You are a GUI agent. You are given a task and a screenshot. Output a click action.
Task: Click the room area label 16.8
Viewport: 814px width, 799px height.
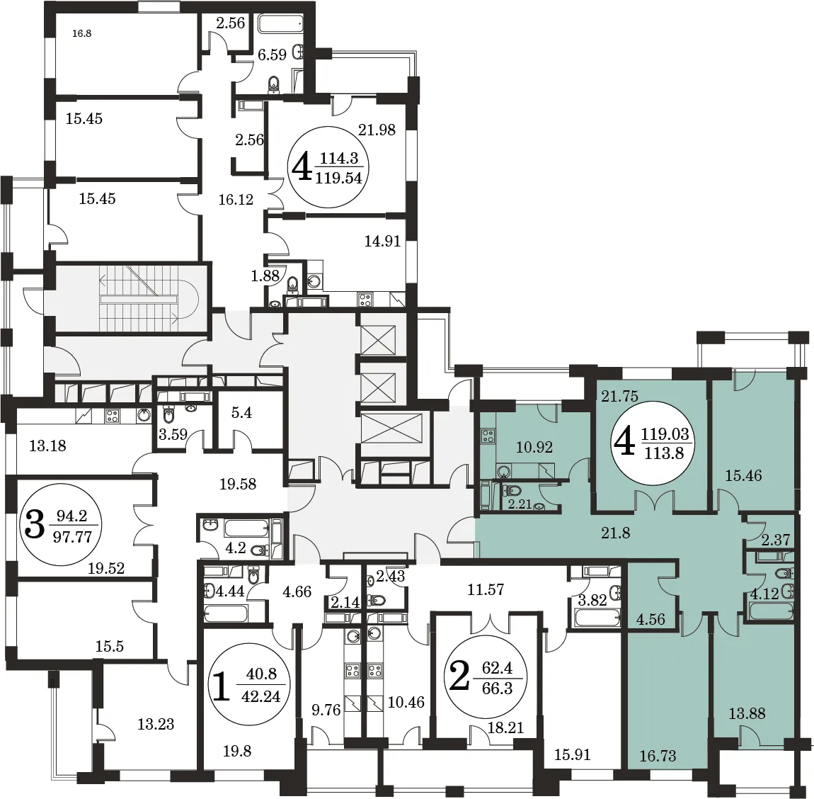(82, 34)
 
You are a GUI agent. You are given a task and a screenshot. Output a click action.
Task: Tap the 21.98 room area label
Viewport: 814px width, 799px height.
(377, 130)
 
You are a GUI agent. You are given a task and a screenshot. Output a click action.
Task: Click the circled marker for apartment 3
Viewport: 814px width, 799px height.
(60, 525)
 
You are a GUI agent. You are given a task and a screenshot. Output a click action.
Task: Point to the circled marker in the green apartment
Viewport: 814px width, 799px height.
(652, 443)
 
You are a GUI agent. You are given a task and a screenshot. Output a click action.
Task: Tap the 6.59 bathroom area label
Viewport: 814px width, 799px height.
(272, 55)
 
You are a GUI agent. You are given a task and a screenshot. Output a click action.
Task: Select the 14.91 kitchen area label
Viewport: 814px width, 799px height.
(383, 241)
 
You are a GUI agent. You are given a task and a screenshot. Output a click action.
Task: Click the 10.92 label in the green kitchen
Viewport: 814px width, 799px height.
(534, 447)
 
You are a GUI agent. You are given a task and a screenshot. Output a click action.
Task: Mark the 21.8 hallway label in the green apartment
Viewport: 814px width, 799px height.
(616, 533)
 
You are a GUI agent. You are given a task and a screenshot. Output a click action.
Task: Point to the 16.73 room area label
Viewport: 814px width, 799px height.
(658, 755)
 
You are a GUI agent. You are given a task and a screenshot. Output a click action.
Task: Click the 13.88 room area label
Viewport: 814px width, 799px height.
(747, 713)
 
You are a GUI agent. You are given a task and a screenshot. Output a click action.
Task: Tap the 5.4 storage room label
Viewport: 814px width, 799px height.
(242, 413)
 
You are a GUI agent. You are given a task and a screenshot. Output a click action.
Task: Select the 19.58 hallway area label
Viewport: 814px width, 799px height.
(238, 484)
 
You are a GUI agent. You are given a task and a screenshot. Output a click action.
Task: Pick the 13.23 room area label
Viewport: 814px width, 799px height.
(156, 724)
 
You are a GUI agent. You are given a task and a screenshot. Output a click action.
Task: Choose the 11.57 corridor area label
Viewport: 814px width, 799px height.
(486, 589)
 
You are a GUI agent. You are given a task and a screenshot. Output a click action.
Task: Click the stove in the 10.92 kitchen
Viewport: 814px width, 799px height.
(488, 436)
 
